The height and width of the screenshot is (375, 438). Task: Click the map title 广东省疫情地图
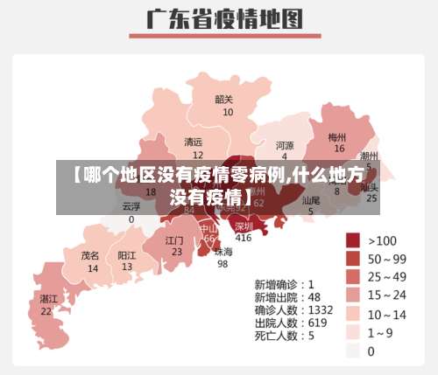219,18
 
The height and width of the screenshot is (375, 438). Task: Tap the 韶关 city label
224,99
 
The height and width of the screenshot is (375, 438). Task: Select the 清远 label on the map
193,142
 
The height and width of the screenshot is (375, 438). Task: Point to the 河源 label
285,145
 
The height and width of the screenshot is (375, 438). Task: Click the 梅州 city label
337,137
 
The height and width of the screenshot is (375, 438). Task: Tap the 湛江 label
46,298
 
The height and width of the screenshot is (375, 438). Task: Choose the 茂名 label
90,256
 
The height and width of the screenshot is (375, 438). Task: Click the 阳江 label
127,256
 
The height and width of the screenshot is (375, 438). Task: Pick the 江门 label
174,240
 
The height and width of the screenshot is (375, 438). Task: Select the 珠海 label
223,252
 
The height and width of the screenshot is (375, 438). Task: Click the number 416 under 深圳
244,238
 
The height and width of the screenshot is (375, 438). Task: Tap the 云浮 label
131,207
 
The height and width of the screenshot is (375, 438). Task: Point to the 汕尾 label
311,200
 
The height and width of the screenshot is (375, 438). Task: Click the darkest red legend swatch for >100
353,240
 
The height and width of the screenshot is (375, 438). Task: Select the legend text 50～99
387,259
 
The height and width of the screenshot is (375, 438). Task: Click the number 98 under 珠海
223,264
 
